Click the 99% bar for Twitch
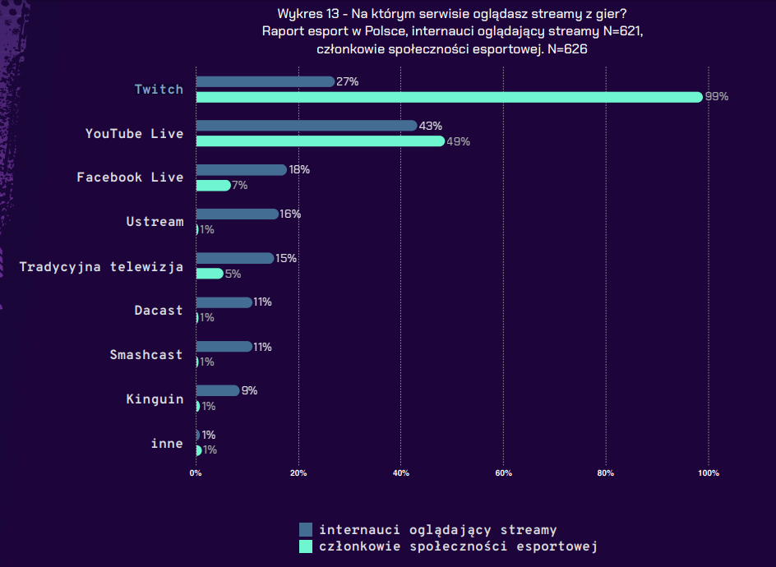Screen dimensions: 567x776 [x=449, y=97]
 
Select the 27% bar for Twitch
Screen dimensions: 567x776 [x=265, y=81]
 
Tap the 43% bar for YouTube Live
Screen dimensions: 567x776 [x=306, y=126]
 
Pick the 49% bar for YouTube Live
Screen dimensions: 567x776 [x=320, y=141]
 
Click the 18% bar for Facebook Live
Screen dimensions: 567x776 [x=241, y=170]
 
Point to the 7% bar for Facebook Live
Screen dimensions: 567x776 [x=213, y=185]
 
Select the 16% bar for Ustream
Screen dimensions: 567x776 [x=237, y=214]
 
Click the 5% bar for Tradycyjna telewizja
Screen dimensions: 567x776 [x=209, y=274]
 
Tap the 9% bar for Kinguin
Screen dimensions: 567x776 [x=218, y=391]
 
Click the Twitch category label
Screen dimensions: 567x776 [x=159, y=89]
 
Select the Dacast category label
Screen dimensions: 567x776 [x=159, y=310]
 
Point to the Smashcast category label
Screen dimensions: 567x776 [x=146, y=354]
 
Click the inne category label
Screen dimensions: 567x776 [x=167, y=443]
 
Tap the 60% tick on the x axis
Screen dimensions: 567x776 [x=504, y=473]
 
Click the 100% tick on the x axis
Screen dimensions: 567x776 [x=709, y=473]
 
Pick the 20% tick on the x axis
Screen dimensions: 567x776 [x=298, y=473]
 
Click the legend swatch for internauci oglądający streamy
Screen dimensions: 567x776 [x=306, y=530]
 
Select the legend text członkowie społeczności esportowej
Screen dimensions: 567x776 [x=458, y=546]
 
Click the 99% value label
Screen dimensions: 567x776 [x=717, y=97]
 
